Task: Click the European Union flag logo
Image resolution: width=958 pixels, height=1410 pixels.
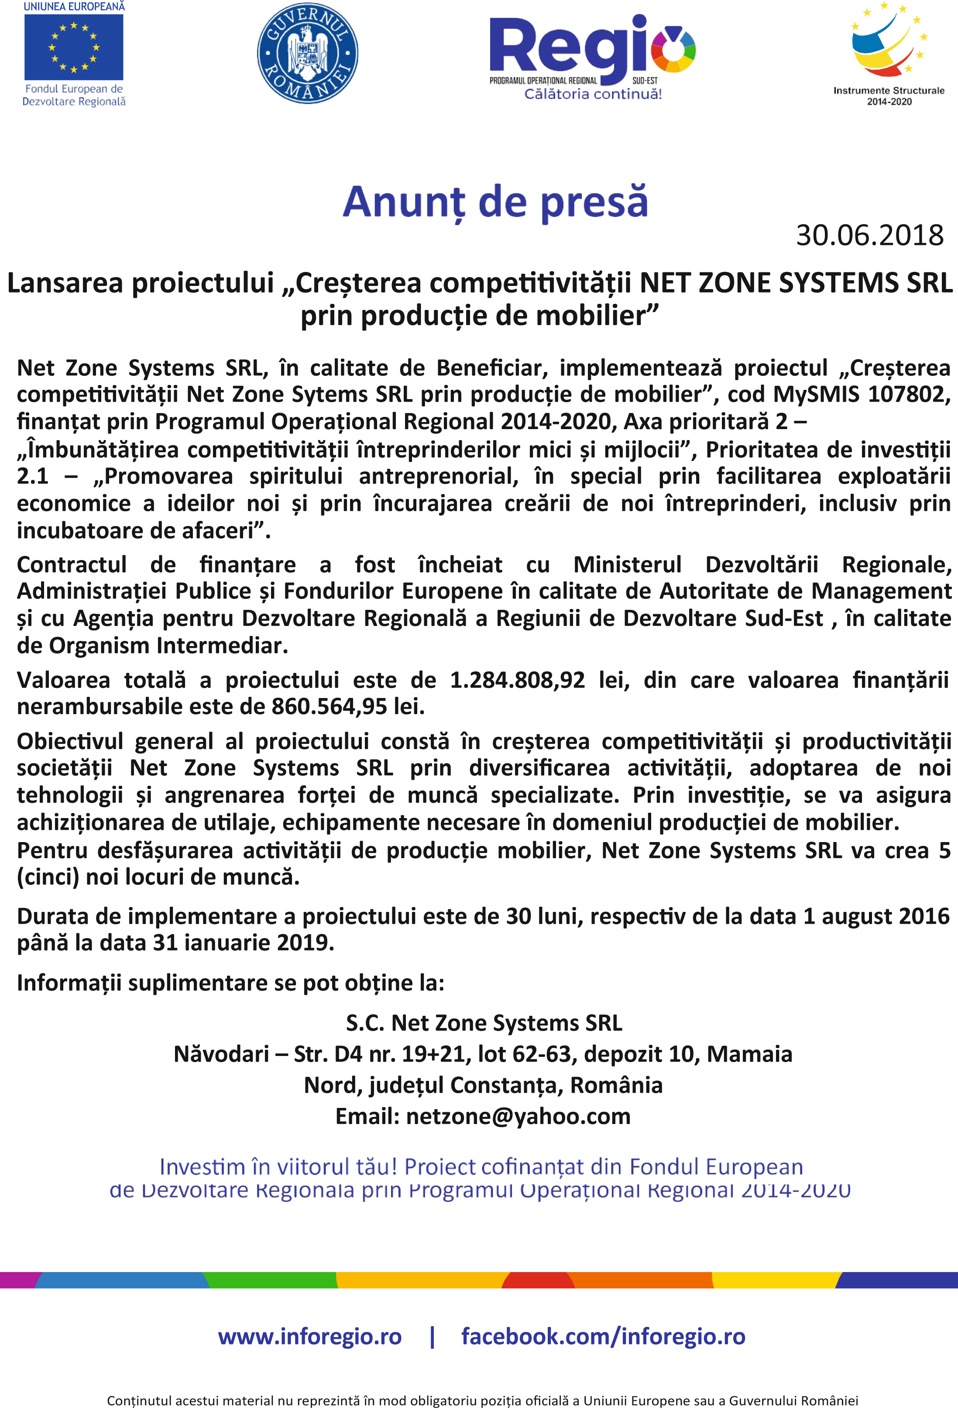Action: (x=73, y=47)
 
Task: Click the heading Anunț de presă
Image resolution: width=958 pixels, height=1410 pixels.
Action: (x=495, y=202)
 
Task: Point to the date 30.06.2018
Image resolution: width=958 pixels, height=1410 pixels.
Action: (x=869, y=235)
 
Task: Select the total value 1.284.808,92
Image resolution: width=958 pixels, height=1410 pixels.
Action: (x=517, y=680)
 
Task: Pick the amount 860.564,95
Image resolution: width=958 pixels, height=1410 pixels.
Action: (x=329, y=707)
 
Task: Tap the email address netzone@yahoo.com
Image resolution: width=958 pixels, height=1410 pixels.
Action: (x=518, y=1116)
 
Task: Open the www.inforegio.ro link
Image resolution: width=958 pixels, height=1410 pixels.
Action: (x=309, y=1335)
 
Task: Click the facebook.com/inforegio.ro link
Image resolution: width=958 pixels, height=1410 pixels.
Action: (x=603, y=1335)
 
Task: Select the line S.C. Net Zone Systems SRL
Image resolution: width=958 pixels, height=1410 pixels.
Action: (x=484, y=1023)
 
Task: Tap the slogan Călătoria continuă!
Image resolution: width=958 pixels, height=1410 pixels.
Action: (x=593, y=94)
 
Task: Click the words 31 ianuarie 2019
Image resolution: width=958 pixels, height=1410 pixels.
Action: (x=243, y=943)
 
